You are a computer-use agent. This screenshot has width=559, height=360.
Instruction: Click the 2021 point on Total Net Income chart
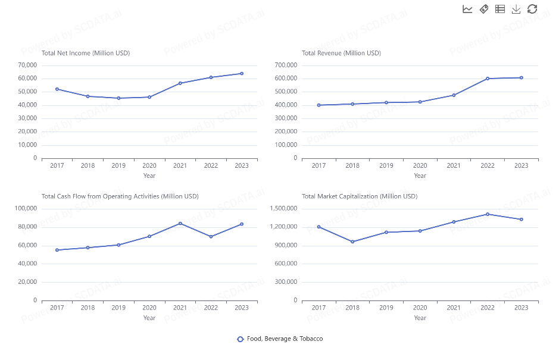180,83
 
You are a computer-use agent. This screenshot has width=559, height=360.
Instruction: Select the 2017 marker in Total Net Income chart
57,89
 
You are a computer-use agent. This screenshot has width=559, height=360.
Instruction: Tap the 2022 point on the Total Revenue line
488,79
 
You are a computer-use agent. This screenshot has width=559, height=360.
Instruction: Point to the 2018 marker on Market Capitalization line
352,242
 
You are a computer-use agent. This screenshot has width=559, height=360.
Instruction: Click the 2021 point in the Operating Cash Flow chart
180,223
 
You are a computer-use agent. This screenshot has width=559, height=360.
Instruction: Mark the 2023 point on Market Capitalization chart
521,220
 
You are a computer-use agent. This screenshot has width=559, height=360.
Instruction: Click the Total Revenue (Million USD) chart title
341,53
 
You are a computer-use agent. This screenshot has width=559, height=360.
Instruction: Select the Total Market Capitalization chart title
360,196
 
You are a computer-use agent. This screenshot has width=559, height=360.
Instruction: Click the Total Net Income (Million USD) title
86,53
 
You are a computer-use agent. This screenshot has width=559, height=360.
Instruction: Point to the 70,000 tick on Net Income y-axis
27,65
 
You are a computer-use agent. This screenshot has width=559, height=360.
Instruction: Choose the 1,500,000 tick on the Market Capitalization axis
283,208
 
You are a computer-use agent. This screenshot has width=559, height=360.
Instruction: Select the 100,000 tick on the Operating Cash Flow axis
26,208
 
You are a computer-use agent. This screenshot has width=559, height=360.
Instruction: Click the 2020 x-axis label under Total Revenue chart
420,165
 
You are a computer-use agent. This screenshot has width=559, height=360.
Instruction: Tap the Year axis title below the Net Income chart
149,176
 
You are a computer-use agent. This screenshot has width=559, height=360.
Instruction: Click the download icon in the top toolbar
516,9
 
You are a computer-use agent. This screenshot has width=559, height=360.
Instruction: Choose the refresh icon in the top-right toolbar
532,9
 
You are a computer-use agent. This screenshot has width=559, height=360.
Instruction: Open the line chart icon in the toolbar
467,9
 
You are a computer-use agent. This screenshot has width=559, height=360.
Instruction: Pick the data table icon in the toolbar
500,9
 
